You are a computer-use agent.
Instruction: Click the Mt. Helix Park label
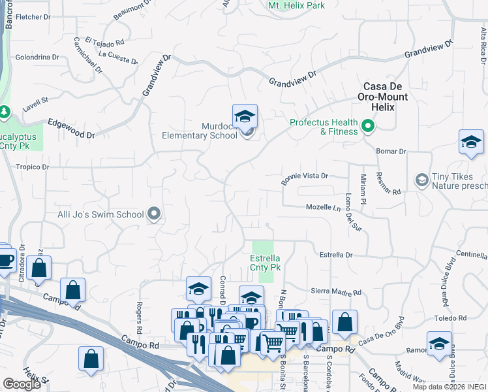[x=296, y=6]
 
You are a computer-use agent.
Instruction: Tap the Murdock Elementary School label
[x=200, y=131]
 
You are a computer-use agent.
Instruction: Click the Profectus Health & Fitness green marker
[x=368, y=126]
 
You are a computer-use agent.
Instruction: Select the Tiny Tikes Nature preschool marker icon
[x=421, y=179]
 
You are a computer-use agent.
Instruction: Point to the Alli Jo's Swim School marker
[x=154, y=214]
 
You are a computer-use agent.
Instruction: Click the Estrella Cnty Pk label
[x=266, y=263]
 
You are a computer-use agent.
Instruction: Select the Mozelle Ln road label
[x=324, y=207]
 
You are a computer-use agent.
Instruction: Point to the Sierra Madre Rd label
[x=337, y=292]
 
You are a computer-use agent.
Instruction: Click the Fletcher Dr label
[x=31, y=17]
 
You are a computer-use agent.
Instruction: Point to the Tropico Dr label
[x=33, y=167]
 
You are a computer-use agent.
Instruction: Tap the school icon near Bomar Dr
[x=471, y=142]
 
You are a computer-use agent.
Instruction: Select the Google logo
[x=22, y=384]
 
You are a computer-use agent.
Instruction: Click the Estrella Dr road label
[x=336, y=255]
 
